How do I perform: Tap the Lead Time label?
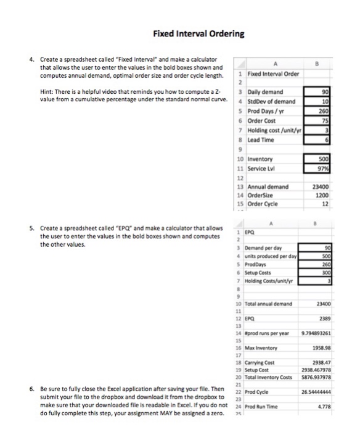point(260,141)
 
